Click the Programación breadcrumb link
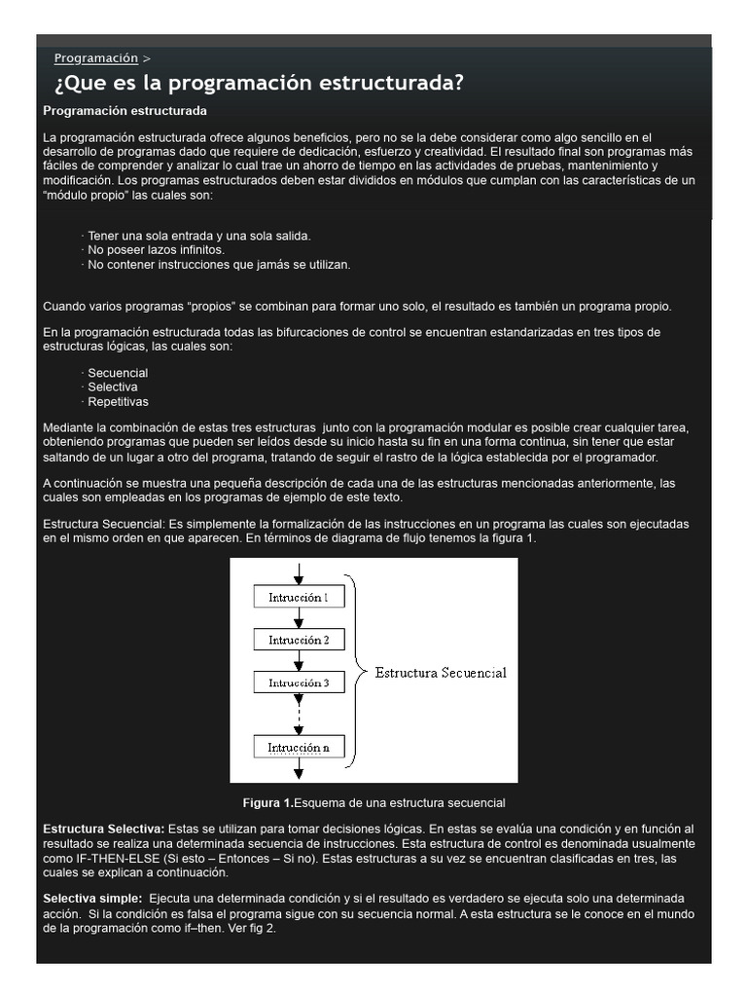pyautogui.click(x=95, y=58)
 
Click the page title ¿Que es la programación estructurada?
pyautogui.click(x=259, y=84)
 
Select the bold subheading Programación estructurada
pyautogui.click(x=125, y=111)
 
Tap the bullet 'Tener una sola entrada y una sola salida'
pyautogui.click(x=199, y=236)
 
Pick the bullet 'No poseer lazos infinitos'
pyautogui.click(x=156, y=250)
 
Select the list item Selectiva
pyautogui.click(x=113, y=387)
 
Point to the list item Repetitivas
pyautogui.click(x=118, y=401)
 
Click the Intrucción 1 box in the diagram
pyautogui.click(x=299, y=597)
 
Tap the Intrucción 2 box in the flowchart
pyautogui.click(x=299, y=640)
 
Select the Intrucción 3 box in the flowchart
pyautogui.click(x=299, y=683)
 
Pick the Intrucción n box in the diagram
pyautogui.click(x=299, y=748)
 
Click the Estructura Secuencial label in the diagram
pyautogui.click(x=441, y=673)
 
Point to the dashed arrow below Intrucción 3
pyautogui.click(x=299, y=715)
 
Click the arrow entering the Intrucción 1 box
pyautogui.click(x=299, y=572)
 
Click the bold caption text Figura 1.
pyautogui.click(x=267, y=803)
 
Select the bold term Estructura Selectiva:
pyautogui.click(x=104, y=829)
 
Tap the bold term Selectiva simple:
pyautogui.click(x=92, y=898)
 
